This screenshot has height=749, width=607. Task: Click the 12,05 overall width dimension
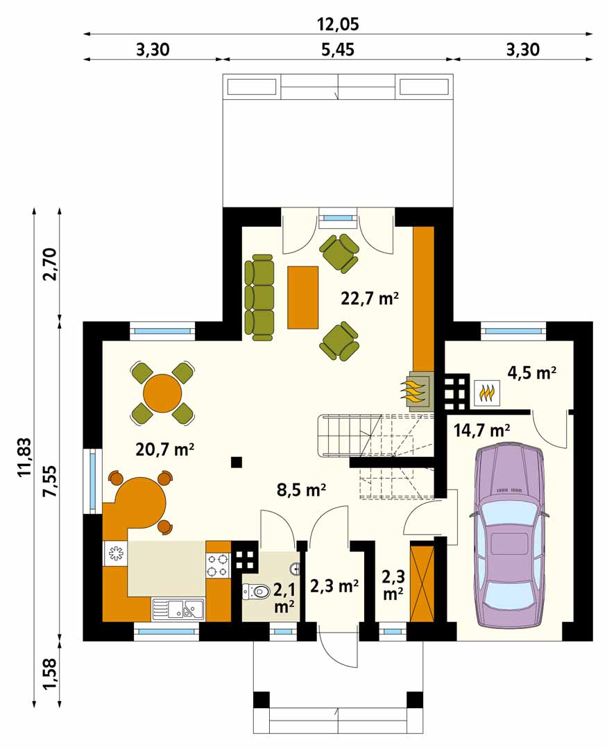point(338,24)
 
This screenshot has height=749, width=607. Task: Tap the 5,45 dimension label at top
point(338,49)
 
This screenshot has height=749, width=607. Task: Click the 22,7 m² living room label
point(370,298)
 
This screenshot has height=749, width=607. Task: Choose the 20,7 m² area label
point(165,449)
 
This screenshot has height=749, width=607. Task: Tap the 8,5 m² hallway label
point(302,490)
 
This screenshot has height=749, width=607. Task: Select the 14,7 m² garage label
point(481,431)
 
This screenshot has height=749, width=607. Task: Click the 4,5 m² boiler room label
point(531,372)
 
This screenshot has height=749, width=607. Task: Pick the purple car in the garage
point(509,535)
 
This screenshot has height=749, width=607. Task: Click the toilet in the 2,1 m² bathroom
point(256,592)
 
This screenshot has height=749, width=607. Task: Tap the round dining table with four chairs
point(162,394)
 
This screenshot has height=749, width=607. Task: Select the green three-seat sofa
point(259,298)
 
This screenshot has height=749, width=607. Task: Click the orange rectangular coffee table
point(303,297)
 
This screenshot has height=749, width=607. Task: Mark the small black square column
point(236,462)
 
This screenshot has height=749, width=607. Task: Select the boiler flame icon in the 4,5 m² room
point(487,393)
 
